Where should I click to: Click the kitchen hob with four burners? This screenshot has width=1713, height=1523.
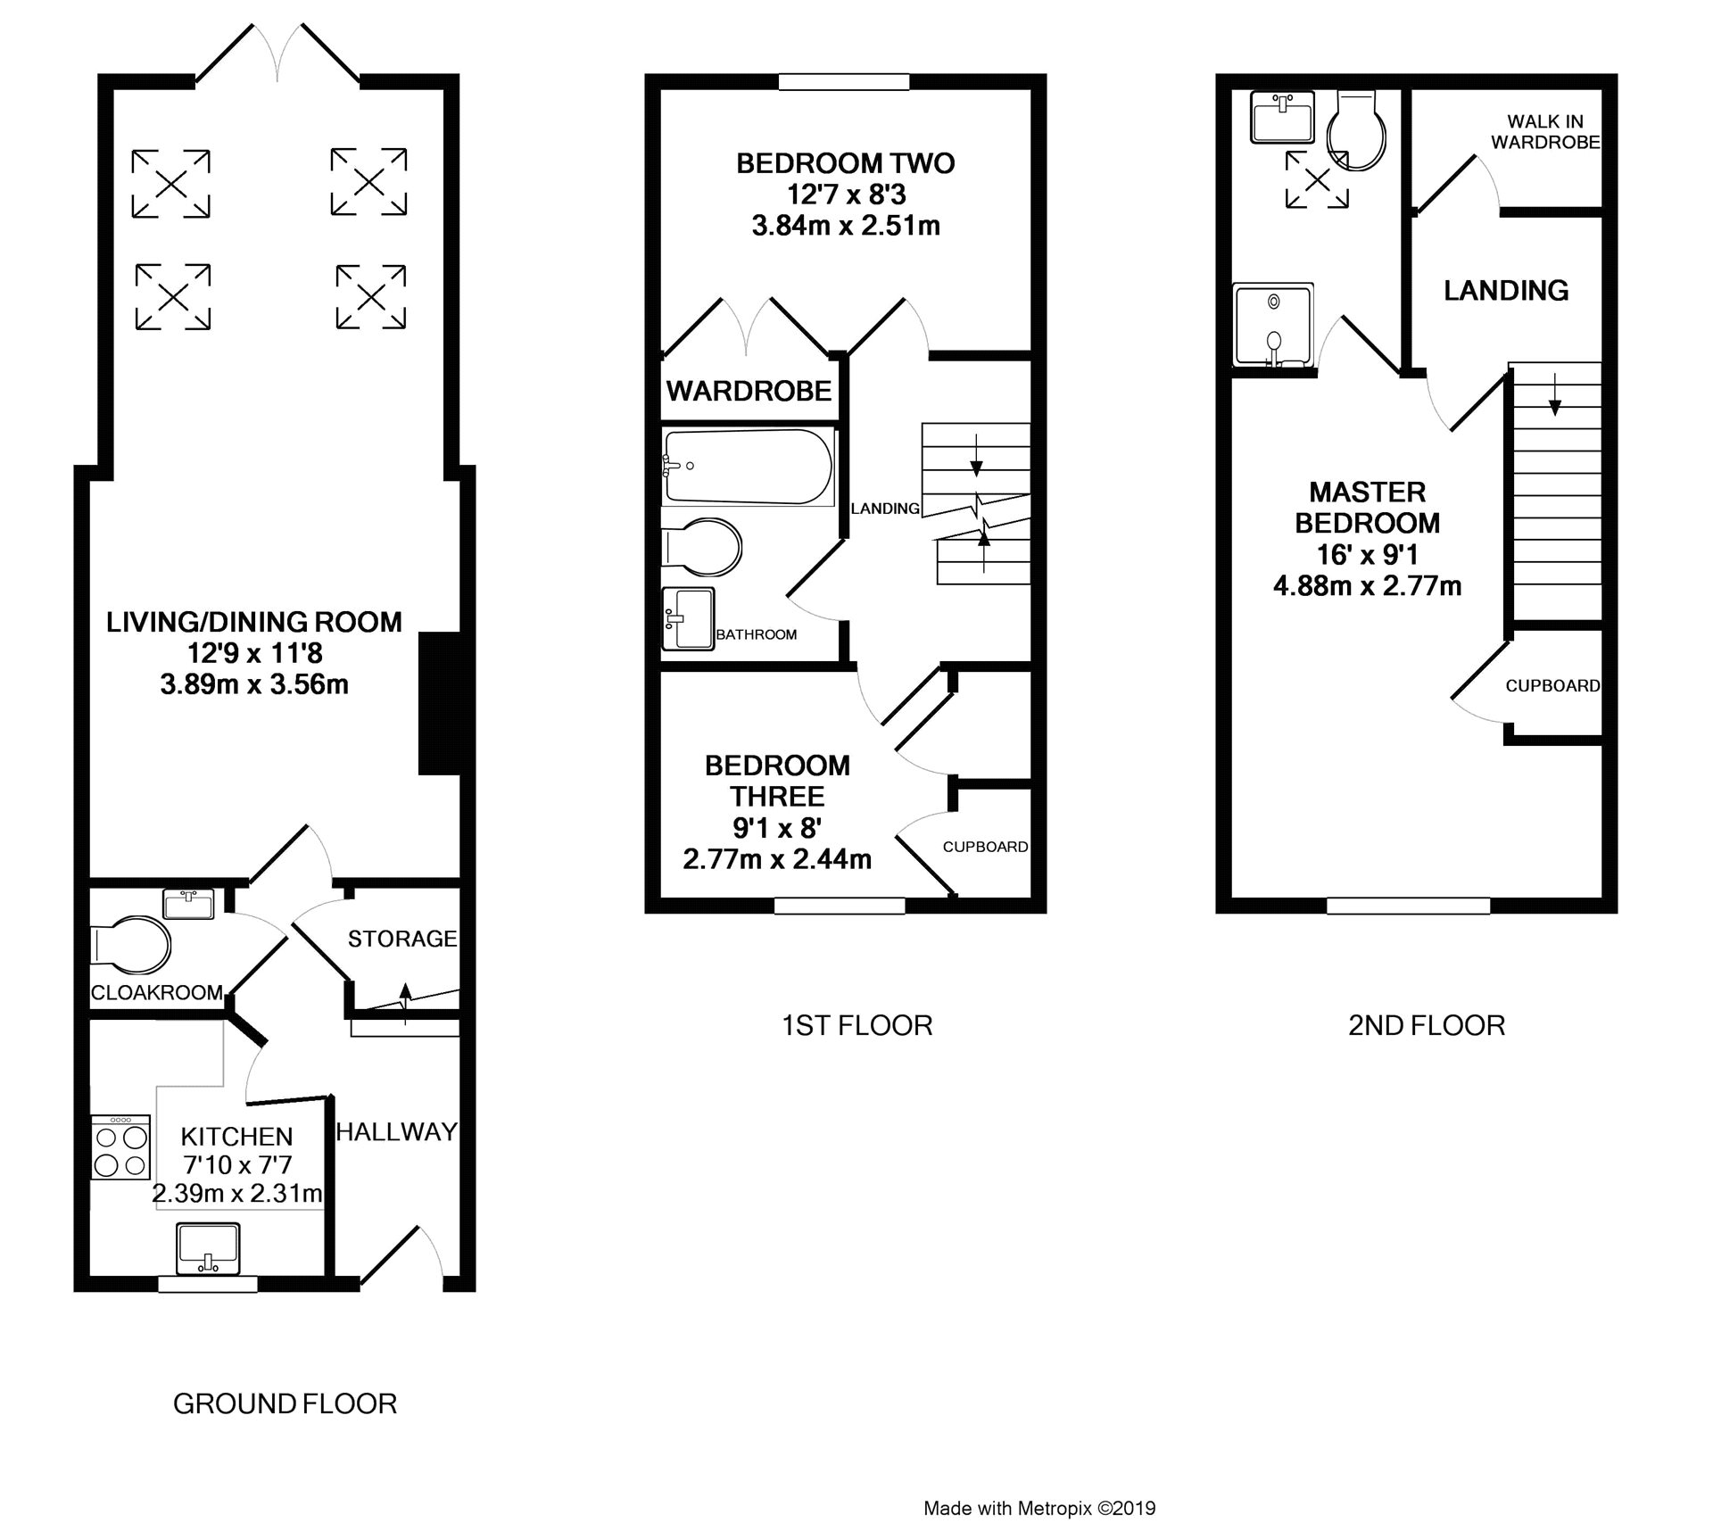click(120, 1147)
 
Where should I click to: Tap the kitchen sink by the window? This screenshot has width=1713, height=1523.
click(209, 1249)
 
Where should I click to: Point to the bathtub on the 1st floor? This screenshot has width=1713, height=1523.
click(748, 466)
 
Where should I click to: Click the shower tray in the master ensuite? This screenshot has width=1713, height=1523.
click(1273, 326)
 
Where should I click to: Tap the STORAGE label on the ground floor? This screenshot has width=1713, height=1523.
click(402, 939)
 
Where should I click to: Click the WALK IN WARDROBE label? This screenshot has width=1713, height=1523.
click(1545, 131)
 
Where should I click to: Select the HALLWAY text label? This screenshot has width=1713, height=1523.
click(397, 1131)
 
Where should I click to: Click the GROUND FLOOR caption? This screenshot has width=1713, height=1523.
click(285, 1403)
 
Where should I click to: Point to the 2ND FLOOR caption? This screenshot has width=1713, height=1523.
click(1427, 1025)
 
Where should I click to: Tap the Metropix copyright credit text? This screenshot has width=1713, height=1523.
click(1039, 1508)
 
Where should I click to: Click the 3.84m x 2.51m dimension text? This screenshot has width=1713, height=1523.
click(846, 226)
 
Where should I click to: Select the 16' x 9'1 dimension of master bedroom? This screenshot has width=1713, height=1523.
click(1368, 554)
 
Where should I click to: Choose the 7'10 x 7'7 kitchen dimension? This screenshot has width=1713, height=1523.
click(236, 1164)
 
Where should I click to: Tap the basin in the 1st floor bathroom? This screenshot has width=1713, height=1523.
click(689, 617)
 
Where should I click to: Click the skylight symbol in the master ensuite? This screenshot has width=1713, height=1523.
click(1317, 179)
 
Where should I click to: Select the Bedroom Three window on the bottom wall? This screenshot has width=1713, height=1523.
click(840, 906)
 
